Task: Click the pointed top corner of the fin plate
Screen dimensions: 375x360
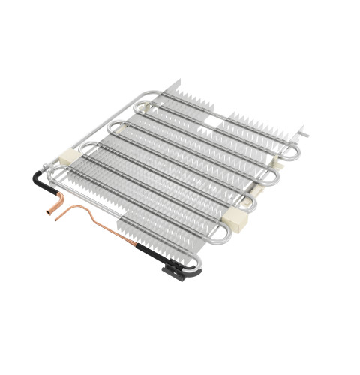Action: point(178,82)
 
